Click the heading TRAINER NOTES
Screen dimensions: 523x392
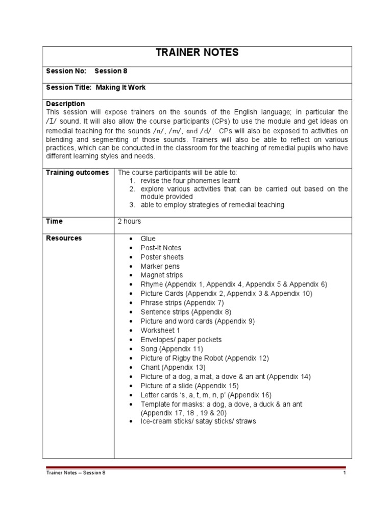(x=197, y=53)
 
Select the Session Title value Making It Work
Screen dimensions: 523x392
(x=120, y=87)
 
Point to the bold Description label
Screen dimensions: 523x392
(x=65, y=104)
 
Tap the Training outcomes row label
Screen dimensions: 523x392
(x=78, y=173)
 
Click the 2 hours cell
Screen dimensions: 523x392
(x=129, y=221)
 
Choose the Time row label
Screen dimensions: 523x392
(x=55, y=221)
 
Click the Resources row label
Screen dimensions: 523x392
(x=64, y=238)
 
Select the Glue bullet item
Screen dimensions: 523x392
(x=148, y=239)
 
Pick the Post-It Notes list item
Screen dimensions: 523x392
(x=161, y=248)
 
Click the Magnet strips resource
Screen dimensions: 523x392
(x=161, y=275)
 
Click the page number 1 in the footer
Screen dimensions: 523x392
(x=345, y=473)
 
